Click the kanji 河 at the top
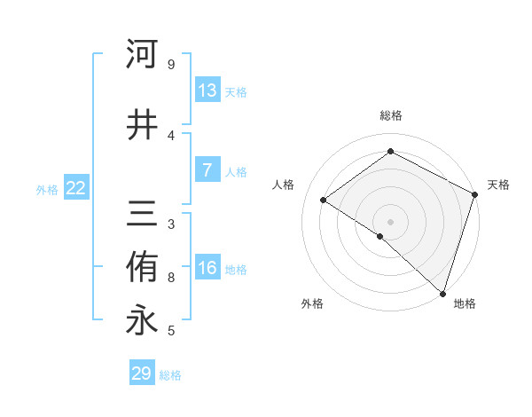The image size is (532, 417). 142,54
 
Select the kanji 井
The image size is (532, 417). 142,125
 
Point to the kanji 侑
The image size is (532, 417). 142,267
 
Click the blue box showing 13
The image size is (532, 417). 207,90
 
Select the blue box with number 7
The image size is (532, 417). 207,170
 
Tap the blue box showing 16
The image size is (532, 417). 207,268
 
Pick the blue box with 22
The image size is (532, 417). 76,188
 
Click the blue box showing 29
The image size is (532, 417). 142,374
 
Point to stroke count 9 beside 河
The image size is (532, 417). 171,65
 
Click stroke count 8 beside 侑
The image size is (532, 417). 171,278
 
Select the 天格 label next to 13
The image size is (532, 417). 236,92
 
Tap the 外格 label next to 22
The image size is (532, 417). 47,190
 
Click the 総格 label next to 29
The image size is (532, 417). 170,375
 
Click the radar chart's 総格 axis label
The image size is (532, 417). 390,115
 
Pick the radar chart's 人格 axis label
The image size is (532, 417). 284,185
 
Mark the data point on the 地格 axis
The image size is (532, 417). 442,293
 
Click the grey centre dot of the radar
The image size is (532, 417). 390,221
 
